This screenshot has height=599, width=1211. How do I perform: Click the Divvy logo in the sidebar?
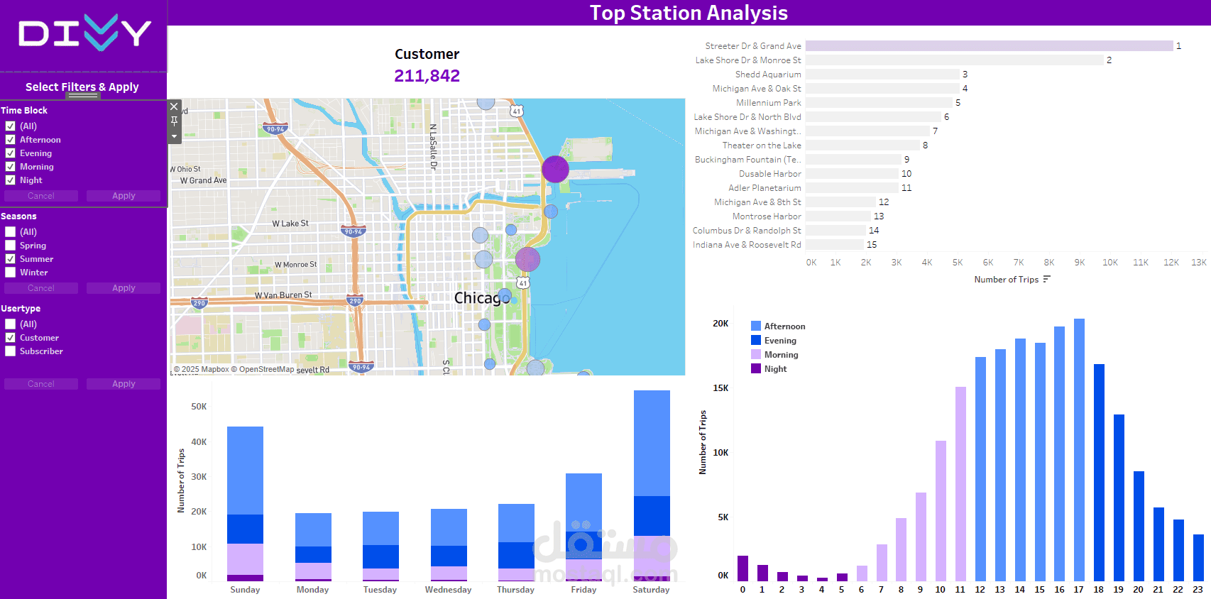(x=84, y=33)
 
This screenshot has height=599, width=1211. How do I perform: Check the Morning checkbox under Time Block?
(x=11, y=167)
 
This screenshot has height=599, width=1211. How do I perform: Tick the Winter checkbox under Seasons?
(x=11, y=273)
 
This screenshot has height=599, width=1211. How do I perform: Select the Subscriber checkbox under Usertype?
(x=11, y=351)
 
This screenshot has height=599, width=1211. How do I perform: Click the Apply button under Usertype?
(x=124, y=384)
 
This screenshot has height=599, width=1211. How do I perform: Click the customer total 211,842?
(x=427, y=76)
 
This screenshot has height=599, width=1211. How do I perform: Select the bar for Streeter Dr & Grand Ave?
(x=989, y=46)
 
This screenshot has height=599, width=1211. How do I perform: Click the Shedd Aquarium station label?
(x=768, y=75)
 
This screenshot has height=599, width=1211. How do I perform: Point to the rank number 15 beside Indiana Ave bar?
(x=872, y=245)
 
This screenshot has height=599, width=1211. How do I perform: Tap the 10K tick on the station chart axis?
(x=1110, y=263)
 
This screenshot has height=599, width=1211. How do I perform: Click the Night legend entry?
(x=775, y=369)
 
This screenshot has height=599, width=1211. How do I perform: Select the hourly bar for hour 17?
(x=1079, y=450)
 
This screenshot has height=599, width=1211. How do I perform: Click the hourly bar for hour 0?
(x=743, y=568)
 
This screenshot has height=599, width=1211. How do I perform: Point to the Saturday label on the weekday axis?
(x=651, y=590)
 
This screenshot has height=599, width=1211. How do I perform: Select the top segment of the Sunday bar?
(x=245, y=470)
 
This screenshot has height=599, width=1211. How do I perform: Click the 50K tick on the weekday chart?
(x=199, y=407)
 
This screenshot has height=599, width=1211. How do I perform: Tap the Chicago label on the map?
(x=478, y=298)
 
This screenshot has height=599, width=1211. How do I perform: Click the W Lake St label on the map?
(x=290, y=224)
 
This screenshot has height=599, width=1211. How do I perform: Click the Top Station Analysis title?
(x=689, y=13)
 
